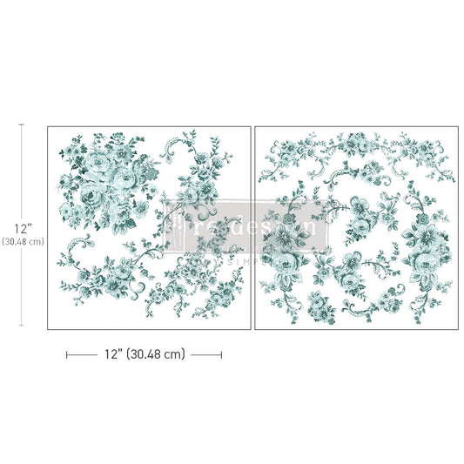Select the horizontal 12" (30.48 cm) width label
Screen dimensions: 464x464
[145, 354]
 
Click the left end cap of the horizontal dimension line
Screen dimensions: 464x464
[67, 354]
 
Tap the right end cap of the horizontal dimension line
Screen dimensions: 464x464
[221, 354]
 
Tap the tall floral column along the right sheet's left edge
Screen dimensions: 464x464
[283, 244]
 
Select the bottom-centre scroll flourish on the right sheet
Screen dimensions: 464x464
[357, 300]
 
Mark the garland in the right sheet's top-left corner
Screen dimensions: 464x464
[296, 152]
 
